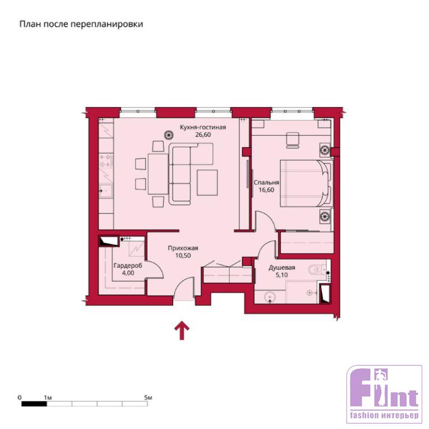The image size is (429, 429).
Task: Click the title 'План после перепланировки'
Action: (81, 25)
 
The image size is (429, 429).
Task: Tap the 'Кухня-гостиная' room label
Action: (203, 127)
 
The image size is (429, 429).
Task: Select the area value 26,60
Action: (203, 135)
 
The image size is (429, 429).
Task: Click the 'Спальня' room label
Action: (266, 183)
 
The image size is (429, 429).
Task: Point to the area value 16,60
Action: (266, 190)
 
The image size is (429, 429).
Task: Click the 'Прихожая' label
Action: (183, 248)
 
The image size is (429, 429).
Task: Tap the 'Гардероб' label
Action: (128, 266)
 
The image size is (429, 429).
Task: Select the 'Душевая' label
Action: (282, 268)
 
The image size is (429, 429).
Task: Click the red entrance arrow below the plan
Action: (182, 331)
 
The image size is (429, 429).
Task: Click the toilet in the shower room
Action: (317, 270)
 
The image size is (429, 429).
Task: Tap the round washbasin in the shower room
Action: (270, 297)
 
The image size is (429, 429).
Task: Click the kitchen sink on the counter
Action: (106, 190)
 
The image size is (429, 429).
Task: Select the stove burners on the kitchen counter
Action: (106, 161)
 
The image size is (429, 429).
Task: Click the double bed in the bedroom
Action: (306, 183)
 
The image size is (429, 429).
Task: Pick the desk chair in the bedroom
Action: (293, 140)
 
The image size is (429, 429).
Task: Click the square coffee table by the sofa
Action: (207, 183)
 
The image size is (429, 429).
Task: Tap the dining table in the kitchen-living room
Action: (158, 174)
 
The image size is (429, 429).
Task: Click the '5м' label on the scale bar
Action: (148, 398)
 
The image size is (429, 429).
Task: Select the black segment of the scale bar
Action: (34, 404)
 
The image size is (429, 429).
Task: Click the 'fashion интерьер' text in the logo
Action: (384, 415)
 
